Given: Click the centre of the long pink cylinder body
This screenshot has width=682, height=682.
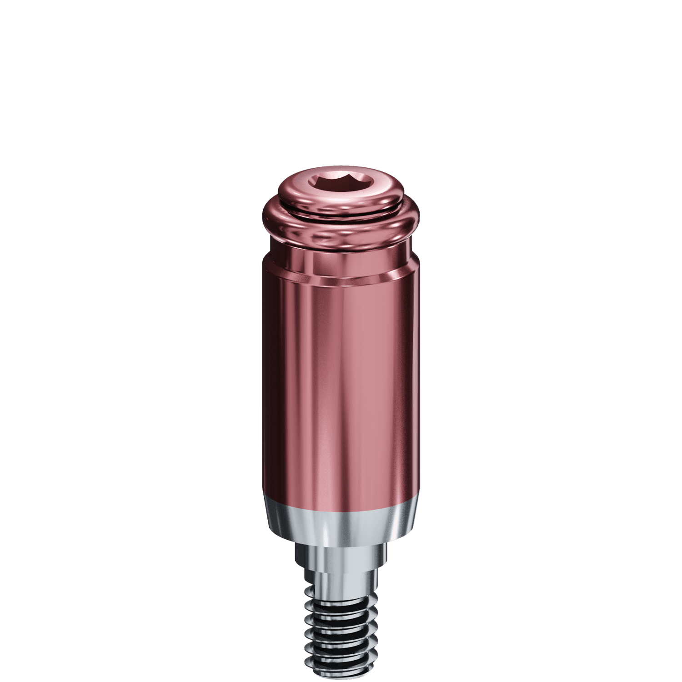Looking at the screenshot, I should coord(341,386).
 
